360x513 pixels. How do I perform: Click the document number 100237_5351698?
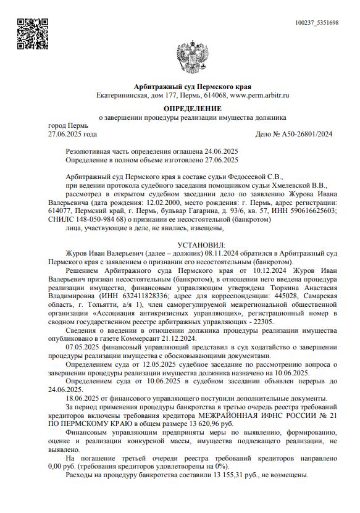point(317,23)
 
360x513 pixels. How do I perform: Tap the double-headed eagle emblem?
point(188,58)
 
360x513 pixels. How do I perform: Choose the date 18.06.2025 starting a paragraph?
point(83,399)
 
